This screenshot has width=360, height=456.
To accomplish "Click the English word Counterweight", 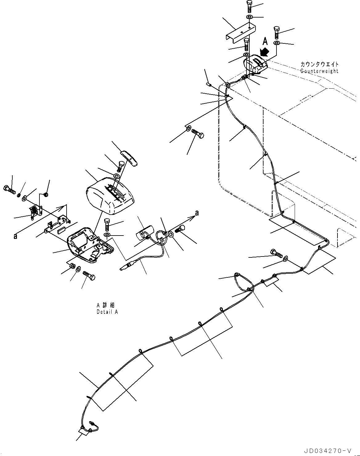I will [x=319, y=71].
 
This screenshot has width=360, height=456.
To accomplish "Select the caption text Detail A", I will [x=107, y=312].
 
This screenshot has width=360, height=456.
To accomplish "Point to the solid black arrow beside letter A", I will [x=264, y=51].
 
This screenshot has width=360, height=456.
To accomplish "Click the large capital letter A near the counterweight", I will [x=265, y=42].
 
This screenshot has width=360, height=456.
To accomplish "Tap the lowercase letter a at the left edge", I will [x=15, y=236].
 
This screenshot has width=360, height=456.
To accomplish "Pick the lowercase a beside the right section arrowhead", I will [x=197, y=213].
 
